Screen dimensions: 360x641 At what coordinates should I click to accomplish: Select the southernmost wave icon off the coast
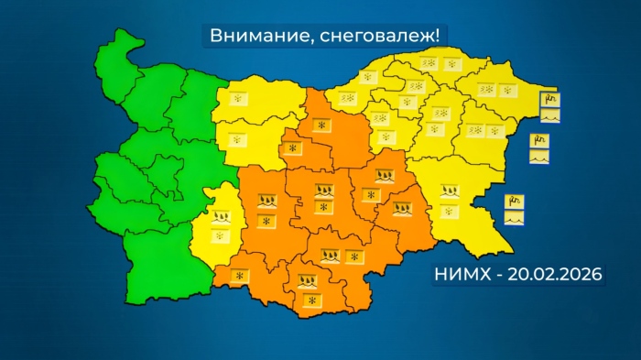pyautogui.click(x=514, y=219)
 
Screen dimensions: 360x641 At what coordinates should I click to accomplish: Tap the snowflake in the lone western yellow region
pyautogui.click(x=220, y=235)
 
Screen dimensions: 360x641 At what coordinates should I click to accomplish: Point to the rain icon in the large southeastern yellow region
pyautogui.click(x=449, y=192)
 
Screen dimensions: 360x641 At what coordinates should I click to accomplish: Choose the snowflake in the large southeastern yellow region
pyautogui.click(x=449, y=211)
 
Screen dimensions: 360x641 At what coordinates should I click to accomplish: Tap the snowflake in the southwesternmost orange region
pyautogui.click(x=241, y=276)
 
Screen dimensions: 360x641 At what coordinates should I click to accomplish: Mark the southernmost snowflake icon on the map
pyautogui.click(x=311, y=300)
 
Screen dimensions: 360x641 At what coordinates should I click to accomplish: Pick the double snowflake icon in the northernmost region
pyautogui.click(x=428, y=62)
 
